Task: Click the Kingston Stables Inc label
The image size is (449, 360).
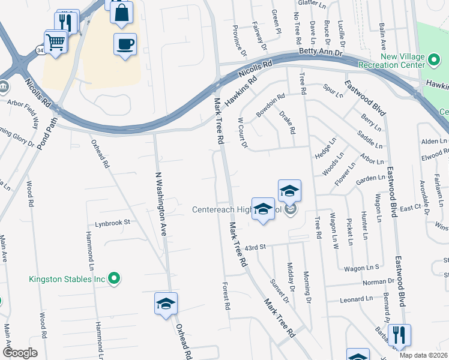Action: point(67,279)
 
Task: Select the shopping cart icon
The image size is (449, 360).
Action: point(55,41)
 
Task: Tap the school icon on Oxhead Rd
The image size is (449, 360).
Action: point(166,304)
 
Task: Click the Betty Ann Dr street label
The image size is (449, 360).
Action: point(322,53)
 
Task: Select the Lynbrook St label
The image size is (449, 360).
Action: point(112,223)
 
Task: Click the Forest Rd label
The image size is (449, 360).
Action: point(227,296)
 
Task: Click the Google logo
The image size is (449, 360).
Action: point(20,353)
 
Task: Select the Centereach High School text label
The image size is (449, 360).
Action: point(238,209)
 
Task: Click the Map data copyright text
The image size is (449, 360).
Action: point(423,355)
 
